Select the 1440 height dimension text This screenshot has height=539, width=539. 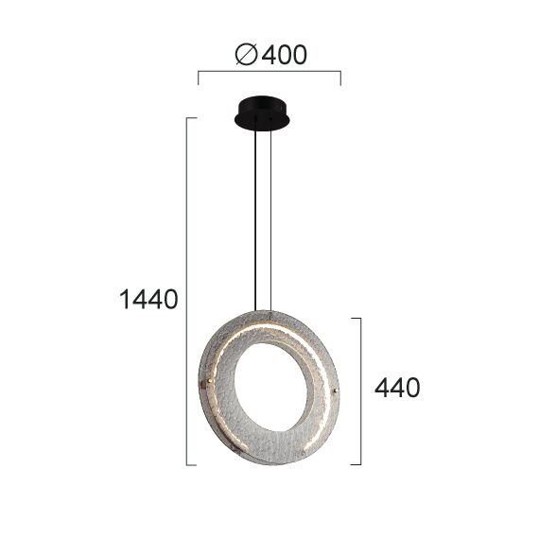[148, 300]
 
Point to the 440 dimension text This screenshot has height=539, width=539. [397, 387]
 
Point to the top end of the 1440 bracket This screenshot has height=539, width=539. [193, 119]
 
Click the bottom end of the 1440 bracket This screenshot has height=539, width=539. [193, 463]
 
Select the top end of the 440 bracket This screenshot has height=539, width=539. [358, 319]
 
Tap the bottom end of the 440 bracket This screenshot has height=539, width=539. [358, 463]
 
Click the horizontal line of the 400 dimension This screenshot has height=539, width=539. [269, 71]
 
